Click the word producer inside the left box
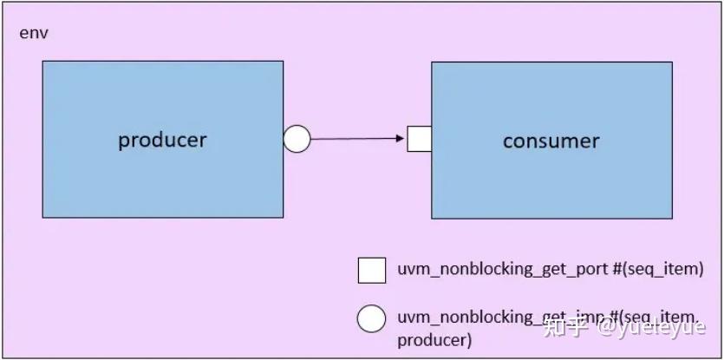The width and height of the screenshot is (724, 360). [x=162, y=140]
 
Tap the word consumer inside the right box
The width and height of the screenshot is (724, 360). [x=551, y=141]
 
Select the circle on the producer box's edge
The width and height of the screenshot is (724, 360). [x=297, y=139]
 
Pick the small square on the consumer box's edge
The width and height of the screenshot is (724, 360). [x=420, y=139]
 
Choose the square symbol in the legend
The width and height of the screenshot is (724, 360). [x=372, y=270]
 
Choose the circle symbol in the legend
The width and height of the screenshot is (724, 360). [x=372, y=318]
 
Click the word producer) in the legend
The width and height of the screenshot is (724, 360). [x=434, y=339]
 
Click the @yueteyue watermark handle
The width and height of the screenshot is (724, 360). [x=650, y=327]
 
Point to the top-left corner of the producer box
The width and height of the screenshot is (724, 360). [x=42, y=62]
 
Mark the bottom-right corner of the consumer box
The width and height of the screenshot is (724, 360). [x=672, y=218]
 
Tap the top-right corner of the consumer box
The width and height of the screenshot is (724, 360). [x=672, y=62]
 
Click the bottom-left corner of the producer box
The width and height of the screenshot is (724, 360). [x=42, y=217]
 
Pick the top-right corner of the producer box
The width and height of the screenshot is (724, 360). [x=283, y=62]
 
